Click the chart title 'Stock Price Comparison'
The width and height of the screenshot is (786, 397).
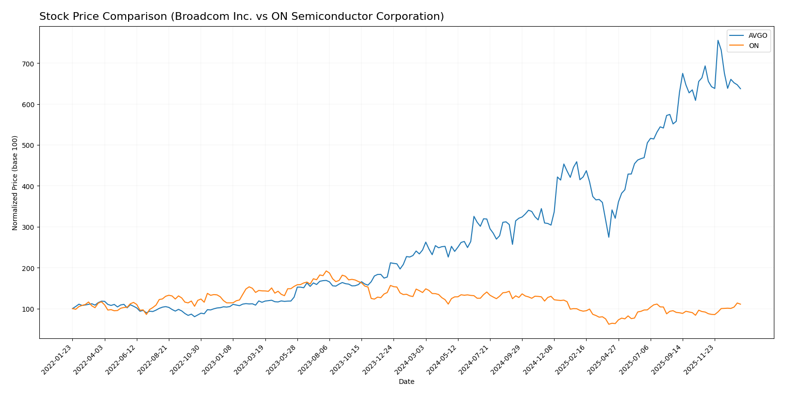click(241, 16)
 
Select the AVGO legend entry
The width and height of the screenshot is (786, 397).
click(757, 35)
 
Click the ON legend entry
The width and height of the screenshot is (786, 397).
click(753, 46)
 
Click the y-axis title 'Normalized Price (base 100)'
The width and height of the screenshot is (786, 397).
click(15, 183)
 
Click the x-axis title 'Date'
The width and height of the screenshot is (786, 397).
click(406, 381)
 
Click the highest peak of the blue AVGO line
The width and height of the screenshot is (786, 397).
click(718, 40)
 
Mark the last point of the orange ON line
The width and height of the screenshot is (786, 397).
click(740, 304)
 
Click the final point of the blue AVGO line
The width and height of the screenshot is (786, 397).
click(740, 89)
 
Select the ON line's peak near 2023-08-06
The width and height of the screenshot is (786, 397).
click(326, 271)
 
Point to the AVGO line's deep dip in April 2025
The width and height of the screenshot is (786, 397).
click(609, 237)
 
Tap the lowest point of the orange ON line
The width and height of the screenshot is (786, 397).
click(609, 324)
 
